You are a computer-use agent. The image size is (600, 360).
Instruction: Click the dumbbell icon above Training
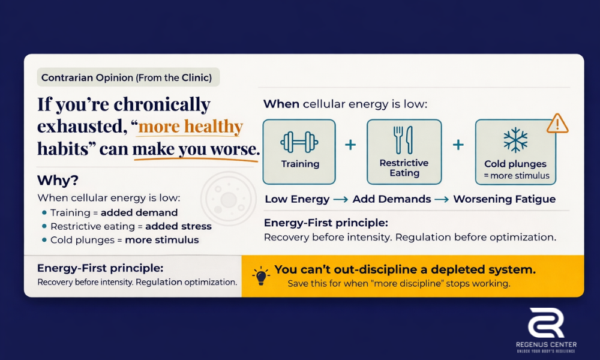point(299,142)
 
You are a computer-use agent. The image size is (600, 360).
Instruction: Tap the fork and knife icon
point(404,139)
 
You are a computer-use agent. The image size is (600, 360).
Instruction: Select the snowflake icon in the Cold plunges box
point(515,140)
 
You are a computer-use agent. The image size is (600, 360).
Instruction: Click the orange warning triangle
point(557,124)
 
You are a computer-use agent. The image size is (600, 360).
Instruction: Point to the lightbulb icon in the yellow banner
point(260,276)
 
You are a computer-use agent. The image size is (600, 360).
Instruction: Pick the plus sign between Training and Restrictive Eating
point(350,145)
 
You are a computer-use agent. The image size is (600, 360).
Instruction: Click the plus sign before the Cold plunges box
point(458,145)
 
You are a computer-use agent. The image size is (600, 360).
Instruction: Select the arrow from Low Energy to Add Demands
point(341,199)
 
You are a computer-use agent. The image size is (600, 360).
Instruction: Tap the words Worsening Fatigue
point(504,199)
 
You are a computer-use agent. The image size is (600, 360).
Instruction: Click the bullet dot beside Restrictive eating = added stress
point(44,226)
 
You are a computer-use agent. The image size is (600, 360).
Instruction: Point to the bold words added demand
point(139,212)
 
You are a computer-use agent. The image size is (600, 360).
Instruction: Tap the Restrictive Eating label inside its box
point(404,168)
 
